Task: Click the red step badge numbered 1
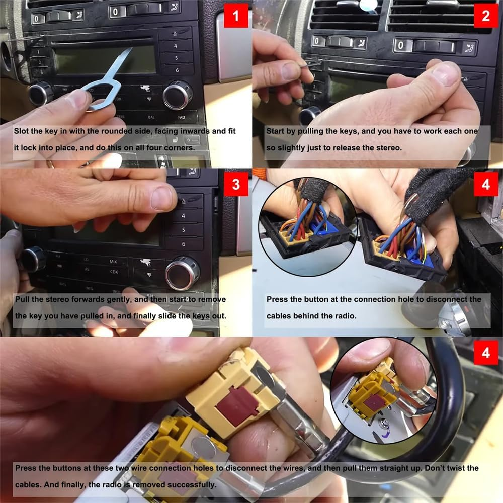point(236,16)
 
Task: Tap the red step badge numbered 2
point(486,16)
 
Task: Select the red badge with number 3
point(236,184)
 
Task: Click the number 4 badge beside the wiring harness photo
point(486,184)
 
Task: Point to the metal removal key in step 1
point(108,80)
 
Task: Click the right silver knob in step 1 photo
point(178,95)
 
